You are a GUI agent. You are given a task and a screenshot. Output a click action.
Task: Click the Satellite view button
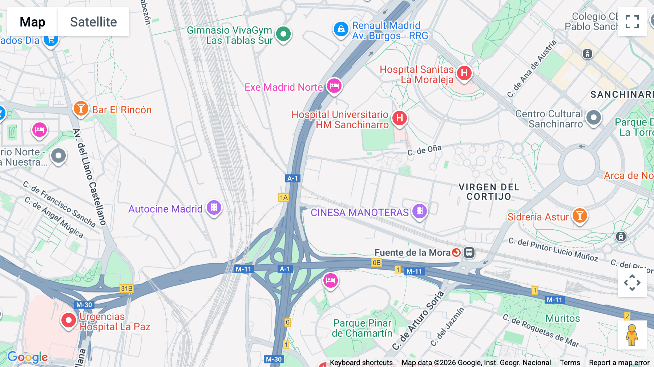click(93, 22)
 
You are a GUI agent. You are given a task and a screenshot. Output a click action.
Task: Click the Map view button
click(32, 22)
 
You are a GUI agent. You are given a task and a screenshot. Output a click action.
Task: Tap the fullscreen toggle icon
click(632, 22)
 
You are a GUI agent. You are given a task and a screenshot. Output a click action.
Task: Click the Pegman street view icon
click(632, 335)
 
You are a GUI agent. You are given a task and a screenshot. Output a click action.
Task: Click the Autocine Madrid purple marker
click(214, 208)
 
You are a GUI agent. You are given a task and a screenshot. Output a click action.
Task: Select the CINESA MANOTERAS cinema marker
click(419, 211)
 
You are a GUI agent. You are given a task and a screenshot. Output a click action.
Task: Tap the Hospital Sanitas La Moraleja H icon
click(464, 73)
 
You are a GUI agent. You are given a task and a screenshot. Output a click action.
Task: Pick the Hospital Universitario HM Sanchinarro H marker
click(399, 118)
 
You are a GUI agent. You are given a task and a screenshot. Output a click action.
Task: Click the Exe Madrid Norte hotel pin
click(334, 86)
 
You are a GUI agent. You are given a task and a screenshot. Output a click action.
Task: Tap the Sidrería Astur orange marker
click(580, 216)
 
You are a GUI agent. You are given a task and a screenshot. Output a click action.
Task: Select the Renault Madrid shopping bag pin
click(341, 29)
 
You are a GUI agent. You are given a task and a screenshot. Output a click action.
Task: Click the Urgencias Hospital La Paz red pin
click(68, 320)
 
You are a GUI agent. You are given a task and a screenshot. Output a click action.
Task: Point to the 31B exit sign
click(127, 289)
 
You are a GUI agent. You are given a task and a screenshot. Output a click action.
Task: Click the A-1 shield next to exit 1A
click(292, 178)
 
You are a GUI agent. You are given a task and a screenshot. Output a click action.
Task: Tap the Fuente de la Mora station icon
click(469, 253)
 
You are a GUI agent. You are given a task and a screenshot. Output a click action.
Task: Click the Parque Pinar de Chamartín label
click(362, 328)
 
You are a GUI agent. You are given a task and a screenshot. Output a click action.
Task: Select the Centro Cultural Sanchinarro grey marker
click(594, 118)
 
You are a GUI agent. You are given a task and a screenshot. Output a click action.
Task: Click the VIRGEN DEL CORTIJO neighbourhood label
click(489, 192)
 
